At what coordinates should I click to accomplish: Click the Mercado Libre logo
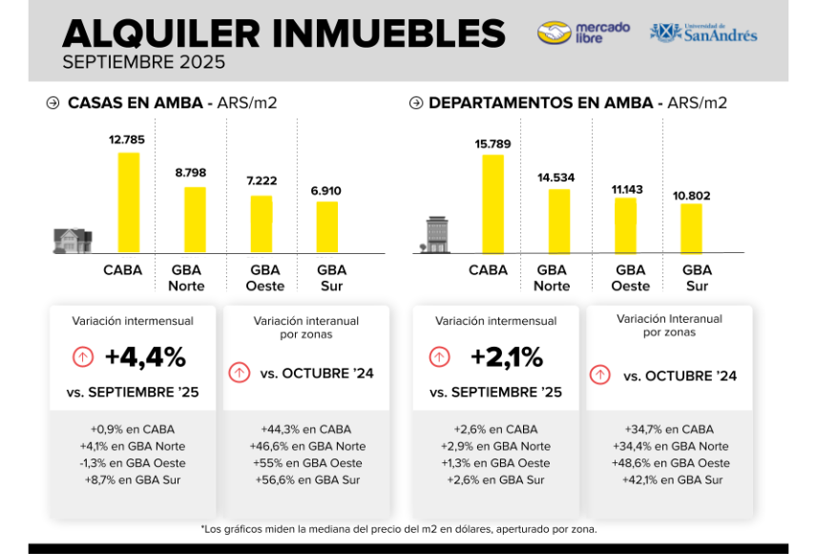click(x=583, y=32)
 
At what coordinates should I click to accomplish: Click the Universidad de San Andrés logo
click(x=703, y=32)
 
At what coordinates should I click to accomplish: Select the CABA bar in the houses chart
click(x=128, y=202)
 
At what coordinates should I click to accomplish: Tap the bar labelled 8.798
click(x=195, y=219)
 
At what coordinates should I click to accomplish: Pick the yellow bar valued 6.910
click(x=326, y=226)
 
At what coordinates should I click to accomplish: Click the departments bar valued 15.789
click(x=492, y=203)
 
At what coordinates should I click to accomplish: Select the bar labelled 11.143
click(x=625, y=224)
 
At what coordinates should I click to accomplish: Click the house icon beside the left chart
click(x=73, y=240)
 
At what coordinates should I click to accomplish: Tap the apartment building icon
click(x=436, y=234)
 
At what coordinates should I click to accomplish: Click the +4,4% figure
click(x=145, y=357)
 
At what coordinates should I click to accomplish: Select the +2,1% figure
click(x=507, y=357)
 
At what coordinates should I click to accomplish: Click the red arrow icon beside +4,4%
click(x=83, y=357)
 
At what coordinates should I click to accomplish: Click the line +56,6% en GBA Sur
click(x=310, y=480)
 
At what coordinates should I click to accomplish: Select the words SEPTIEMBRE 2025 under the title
click(x=143, y=63)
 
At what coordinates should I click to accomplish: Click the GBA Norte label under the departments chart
click(x=552, y=278)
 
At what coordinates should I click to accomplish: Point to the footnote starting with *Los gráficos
click(x=399, y=528)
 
